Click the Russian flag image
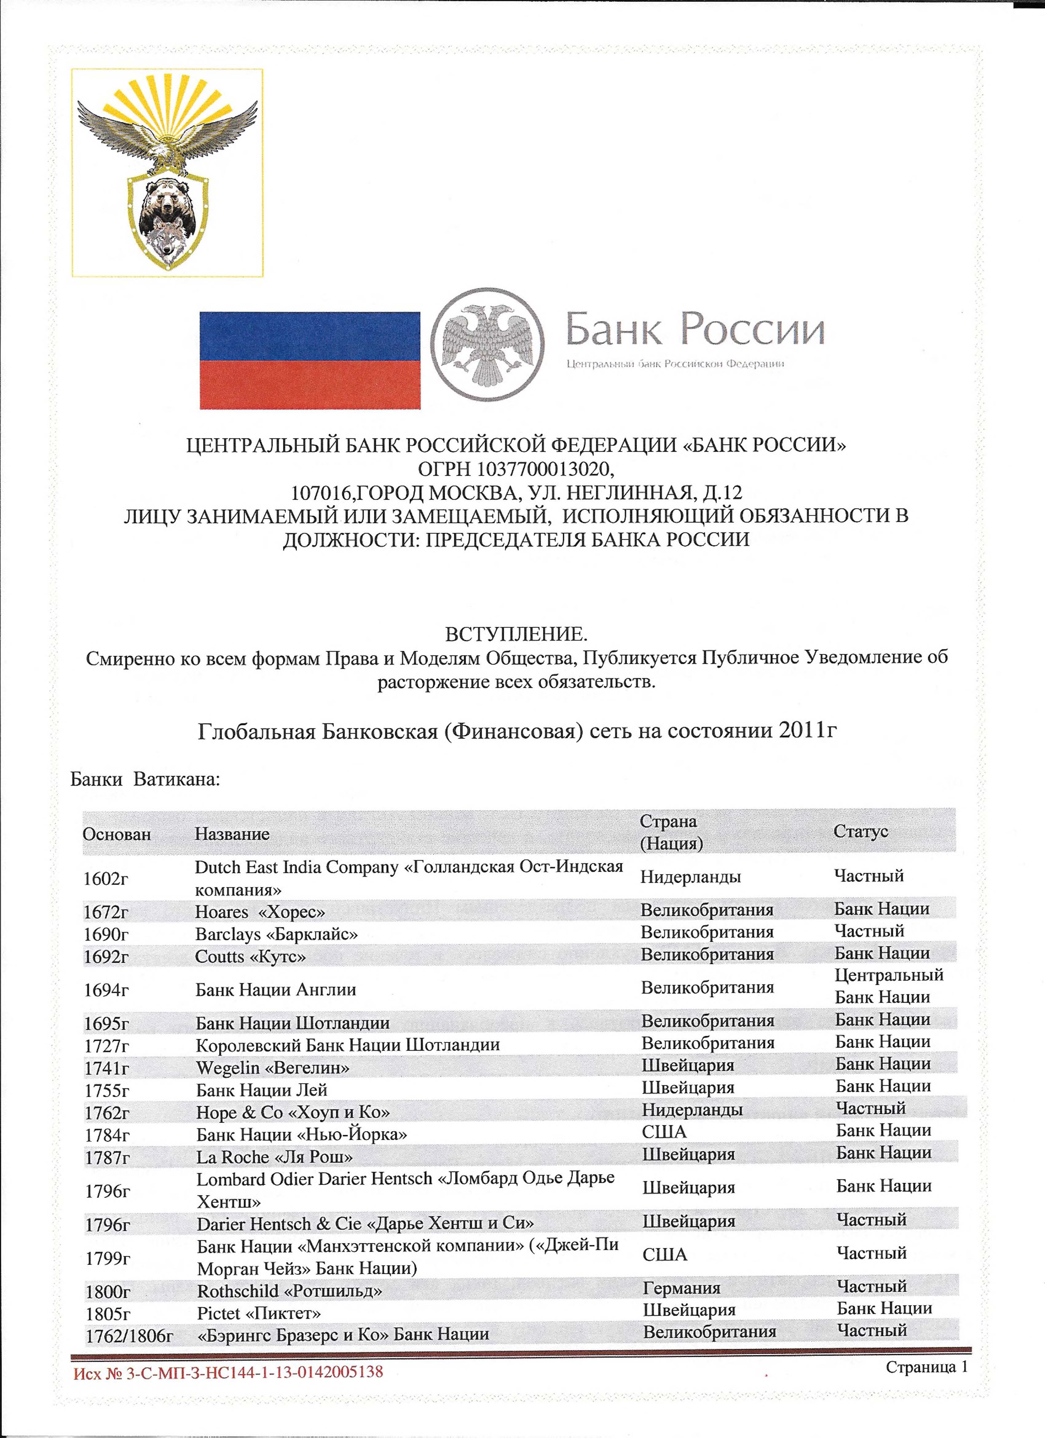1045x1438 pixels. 310,360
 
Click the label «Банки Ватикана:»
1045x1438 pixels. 145,779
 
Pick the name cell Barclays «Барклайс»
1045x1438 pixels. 276,934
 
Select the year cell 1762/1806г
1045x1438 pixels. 129,1337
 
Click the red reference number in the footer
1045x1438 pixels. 228,1373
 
